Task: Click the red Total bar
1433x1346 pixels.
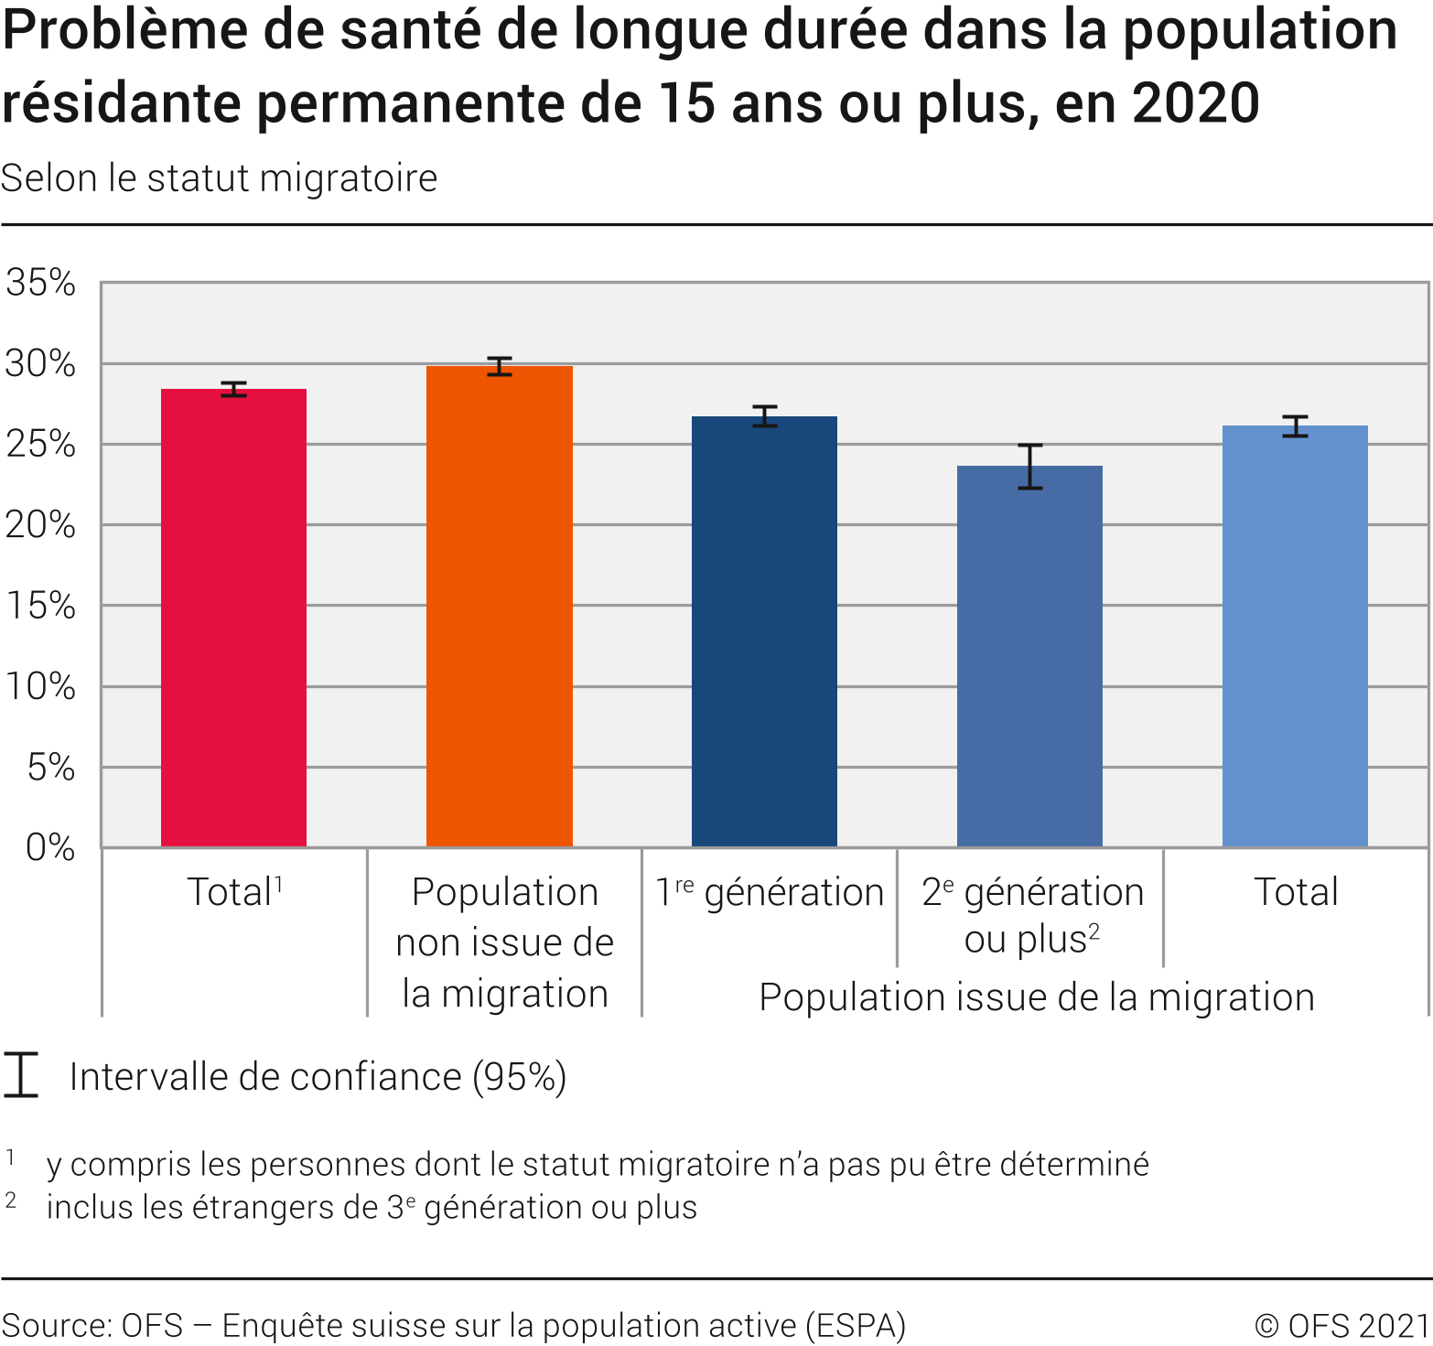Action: point(233,618)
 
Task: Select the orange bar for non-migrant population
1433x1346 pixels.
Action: point(499,606)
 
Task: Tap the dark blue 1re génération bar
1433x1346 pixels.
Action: point(764,631)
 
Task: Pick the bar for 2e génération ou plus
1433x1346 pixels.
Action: point(1029,656)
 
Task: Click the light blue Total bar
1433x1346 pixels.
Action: point(1295,636)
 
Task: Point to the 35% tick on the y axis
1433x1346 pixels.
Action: point(40,283)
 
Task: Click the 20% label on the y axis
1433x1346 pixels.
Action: point(40,525)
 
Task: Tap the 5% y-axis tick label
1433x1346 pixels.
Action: point(51,768)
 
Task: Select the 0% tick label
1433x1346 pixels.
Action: point(50,848)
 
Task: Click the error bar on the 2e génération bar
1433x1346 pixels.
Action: point(1030,467)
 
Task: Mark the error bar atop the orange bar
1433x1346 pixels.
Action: point(499,366)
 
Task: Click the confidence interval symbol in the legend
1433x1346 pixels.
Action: point(20,1075)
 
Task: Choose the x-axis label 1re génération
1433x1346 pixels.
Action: point(770,892)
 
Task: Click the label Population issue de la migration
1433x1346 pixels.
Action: point(1036,996)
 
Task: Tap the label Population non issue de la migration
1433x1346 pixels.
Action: point(504,942)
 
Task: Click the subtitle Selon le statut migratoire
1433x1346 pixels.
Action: point(220,178)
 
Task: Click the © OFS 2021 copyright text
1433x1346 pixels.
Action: point(1341,1325)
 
